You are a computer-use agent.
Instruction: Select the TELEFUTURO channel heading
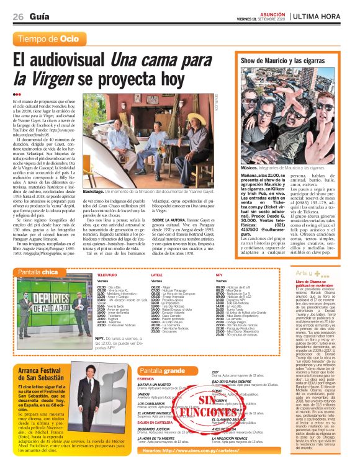pos(107,274)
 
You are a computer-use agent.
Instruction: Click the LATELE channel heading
pos(157,274)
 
